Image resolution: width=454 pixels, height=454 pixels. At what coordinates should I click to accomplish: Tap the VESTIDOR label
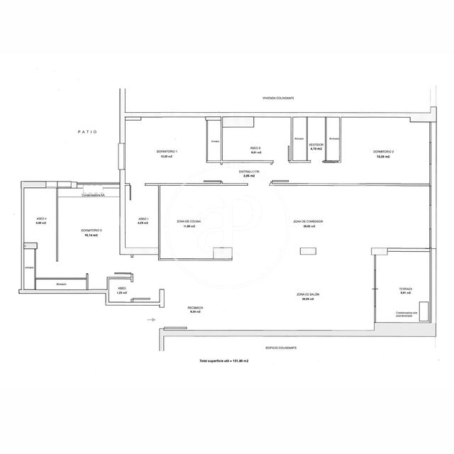[316, 146]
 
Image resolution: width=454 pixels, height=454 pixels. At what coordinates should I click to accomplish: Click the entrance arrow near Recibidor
[150, 320]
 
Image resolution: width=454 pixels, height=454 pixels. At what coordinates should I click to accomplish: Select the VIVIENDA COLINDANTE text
[278, 98]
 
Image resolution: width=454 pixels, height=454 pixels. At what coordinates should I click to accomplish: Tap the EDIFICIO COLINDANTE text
[281, 348]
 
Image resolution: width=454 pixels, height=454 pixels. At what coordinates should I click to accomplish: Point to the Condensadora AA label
[93, 194]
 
